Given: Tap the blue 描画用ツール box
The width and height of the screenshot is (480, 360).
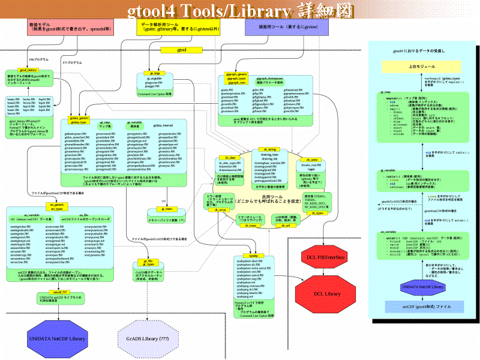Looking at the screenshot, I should pyautogui.click(x=279, y=28).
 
